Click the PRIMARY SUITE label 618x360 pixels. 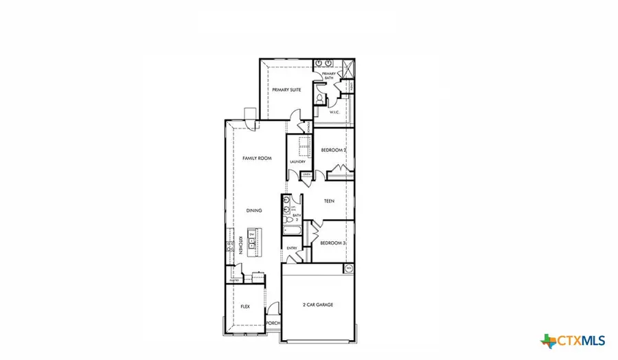click(286, 90)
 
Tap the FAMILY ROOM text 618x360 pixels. click(257, 158)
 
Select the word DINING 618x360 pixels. click(255, 212)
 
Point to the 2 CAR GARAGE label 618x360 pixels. click(318, 304)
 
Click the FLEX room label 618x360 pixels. click(244, 307)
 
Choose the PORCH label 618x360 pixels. click(273, 322)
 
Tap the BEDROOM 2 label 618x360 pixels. click(335, 149)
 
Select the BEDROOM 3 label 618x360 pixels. click(334, 243)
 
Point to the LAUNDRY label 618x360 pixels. click(297, 161)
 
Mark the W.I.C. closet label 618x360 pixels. click(335, 112)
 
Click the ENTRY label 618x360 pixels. click(291, 248)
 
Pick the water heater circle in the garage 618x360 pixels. click(348, 268)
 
